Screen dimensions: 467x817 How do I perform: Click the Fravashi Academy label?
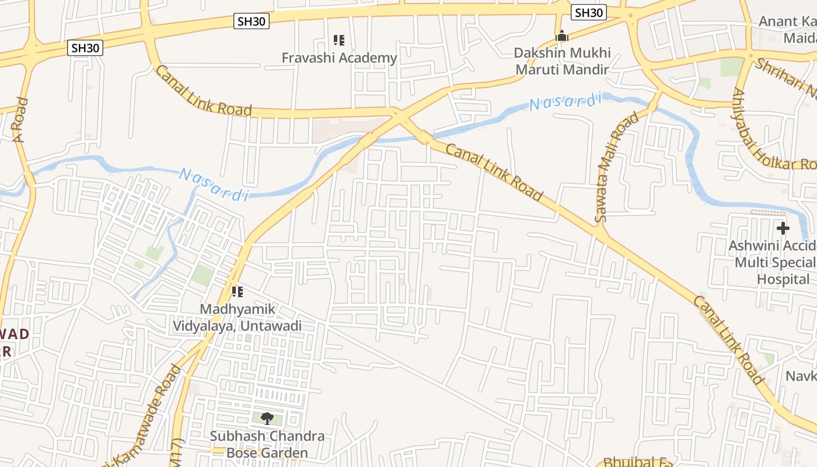tap(339, 58)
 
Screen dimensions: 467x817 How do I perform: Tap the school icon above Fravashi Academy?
tap(339, 40)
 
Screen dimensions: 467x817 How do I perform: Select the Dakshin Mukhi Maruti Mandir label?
tap(561, 61)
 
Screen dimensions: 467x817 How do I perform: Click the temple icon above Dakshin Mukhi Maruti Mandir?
tap(562, 36)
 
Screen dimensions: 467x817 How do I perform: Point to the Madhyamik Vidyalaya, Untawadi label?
tap(238, 317)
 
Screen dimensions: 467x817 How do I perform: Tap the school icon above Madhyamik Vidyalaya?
tap(238, 291)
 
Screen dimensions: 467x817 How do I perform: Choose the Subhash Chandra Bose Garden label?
tap(267, 444)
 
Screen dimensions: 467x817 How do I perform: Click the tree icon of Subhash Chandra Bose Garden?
tap(267, 418)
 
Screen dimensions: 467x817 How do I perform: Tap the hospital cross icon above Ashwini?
tap(783, 228)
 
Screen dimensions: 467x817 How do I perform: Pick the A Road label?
tap(21, 120)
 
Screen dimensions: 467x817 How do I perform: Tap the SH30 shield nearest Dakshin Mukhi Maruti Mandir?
tap(589, 12)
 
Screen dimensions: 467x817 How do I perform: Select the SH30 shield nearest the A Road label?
tap(86, 48)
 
